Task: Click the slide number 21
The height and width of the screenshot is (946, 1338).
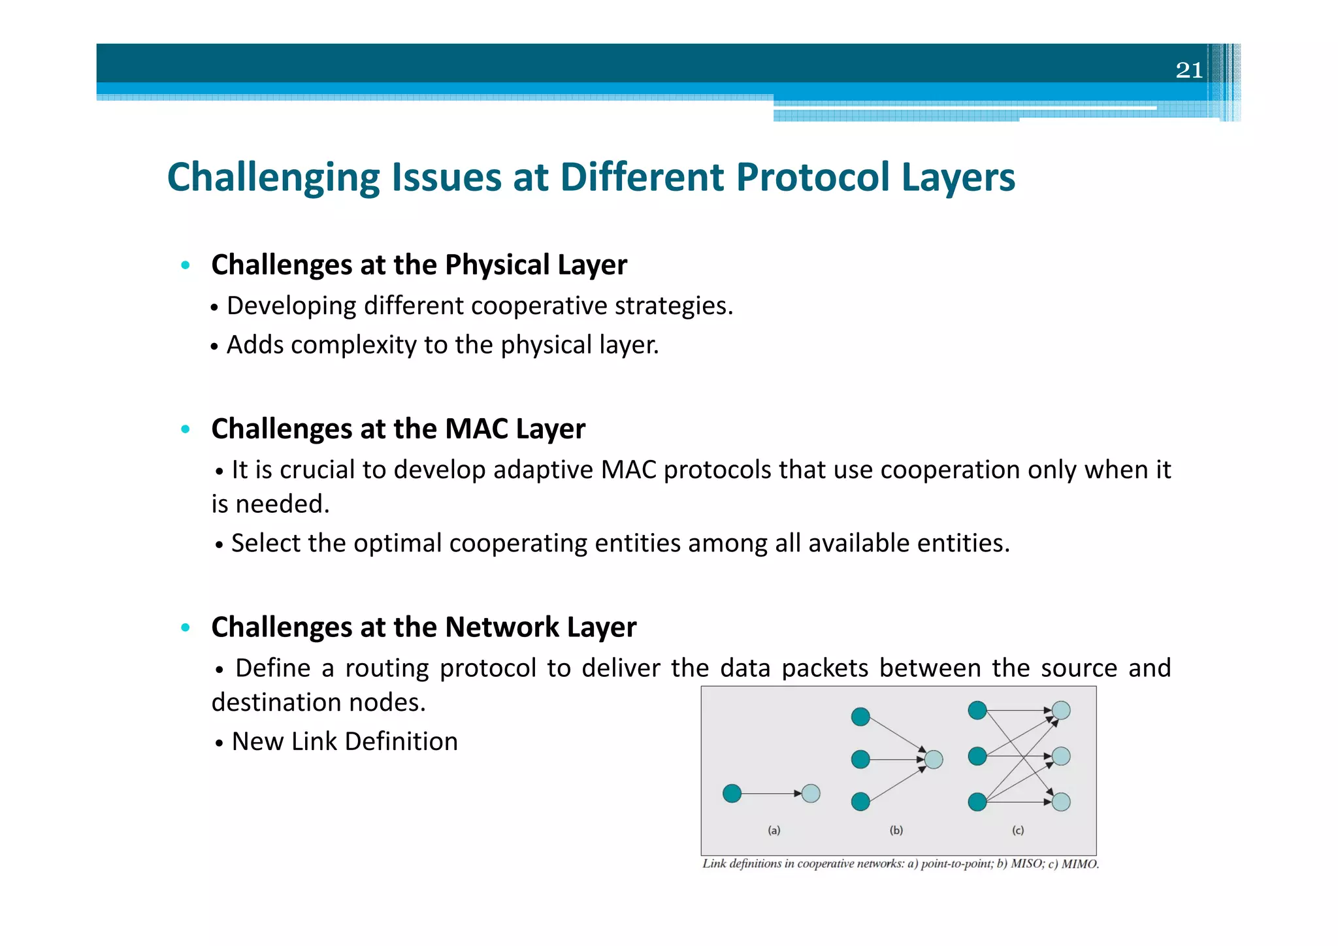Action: (1188, 70)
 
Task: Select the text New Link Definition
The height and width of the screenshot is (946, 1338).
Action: (344, 742)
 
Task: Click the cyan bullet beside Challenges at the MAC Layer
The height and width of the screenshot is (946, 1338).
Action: (186, 429)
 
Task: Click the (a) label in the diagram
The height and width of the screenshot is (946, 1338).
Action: (774, 830)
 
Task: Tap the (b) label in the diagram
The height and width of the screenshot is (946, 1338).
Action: (896, 830)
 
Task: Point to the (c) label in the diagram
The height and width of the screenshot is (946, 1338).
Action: (1018, 830)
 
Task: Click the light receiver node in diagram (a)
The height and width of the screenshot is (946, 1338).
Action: (811, 793)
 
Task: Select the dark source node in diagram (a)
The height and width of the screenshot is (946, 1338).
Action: (732, 793)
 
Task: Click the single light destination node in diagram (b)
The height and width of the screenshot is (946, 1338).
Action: (934, 759)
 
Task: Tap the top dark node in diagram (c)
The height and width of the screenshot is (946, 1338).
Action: (977, 710)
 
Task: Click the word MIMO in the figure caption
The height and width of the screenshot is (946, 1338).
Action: (1079, 864)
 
